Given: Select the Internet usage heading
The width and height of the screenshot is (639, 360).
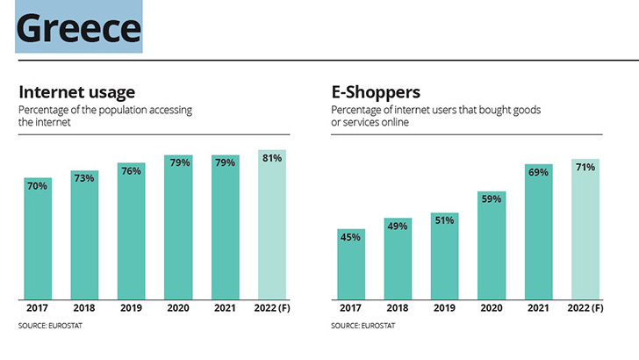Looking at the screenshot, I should point(76,91).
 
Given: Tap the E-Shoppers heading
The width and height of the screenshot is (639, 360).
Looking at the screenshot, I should point(375,91).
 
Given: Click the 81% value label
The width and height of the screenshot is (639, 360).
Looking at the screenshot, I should point(271,158).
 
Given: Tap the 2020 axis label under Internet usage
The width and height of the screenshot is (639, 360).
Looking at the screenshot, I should point(178,307).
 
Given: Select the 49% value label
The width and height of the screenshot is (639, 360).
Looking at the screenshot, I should point(397,226).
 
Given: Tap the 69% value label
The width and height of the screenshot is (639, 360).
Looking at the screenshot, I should point(537,172).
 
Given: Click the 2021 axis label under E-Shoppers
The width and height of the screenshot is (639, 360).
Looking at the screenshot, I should point(537,307).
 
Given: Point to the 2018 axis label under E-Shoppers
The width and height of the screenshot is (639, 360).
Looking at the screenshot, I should point(397,307).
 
